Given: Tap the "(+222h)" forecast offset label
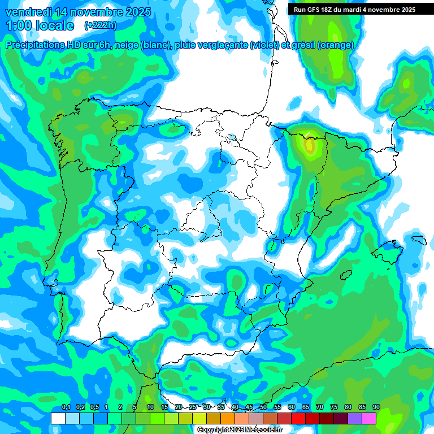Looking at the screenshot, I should (100, 25).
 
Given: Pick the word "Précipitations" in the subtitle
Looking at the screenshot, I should (34, 45).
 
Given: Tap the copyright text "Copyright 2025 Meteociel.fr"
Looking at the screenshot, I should (240, 430).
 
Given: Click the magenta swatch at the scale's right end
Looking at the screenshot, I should (369, 418).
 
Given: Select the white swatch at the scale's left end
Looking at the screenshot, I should (58, 418).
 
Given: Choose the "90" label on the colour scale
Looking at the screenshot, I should (376, 407).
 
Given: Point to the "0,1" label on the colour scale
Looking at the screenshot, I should (66, 407).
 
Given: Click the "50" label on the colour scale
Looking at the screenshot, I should (263, 407).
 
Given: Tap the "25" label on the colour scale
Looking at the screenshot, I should (193, 407).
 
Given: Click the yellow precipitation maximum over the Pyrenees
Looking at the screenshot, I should (309, 145).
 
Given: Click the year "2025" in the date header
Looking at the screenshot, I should (136, 12).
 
